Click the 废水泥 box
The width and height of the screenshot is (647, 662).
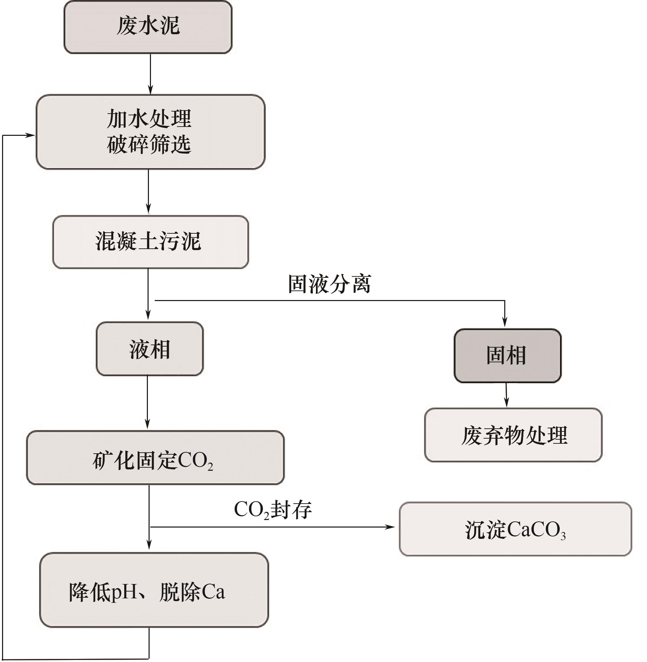148,27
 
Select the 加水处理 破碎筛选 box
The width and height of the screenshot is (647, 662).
151,132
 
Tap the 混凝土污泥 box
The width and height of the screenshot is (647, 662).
150,242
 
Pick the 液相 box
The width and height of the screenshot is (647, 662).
150,349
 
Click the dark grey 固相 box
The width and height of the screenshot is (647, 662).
507,355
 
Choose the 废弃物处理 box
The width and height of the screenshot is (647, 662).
513,435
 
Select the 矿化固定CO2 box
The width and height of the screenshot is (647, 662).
155,458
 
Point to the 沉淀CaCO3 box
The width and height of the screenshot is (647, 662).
515,529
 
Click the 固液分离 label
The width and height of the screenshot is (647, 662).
329,284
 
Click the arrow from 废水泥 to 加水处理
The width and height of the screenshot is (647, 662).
150,74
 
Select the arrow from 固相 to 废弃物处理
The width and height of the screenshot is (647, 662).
507,395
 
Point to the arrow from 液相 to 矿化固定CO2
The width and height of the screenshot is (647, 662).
148,402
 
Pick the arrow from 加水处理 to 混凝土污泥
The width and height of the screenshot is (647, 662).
148,192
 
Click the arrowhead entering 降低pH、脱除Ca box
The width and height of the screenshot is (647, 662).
149,544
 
